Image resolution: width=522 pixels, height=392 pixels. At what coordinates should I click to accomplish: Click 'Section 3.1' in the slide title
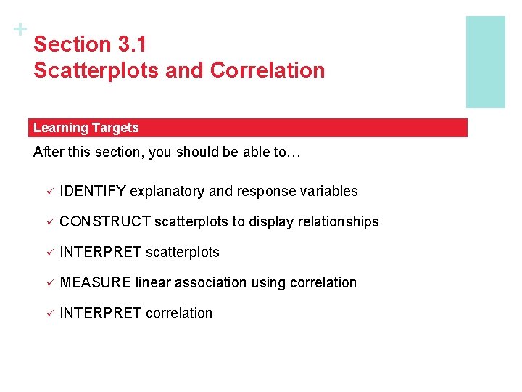tap(90, 44)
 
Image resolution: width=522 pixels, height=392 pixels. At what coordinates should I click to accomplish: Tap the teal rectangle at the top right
tap(485, 62)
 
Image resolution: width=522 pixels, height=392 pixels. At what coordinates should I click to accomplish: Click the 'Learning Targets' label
tap(86, 128)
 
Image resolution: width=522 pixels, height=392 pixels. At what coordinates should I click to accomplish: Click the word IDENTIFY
tap(93, 191)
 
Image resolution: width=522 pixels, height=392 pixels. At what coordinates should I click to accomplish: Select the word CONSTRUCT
tap(105, 221)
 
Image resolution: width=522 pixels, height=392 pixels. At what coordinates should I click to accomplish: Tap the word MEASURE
tap(96, 282)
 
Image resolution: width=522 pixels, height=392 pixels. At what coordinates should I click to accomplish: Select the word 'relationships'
tap(337, 221)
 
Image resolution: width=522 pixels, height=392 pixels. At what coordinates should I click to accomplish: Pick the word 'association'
tap(210, 282)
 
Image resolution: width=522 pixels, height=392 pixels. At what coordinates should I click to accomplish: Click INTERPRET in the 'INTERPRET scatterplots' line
tap(101, 252)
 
